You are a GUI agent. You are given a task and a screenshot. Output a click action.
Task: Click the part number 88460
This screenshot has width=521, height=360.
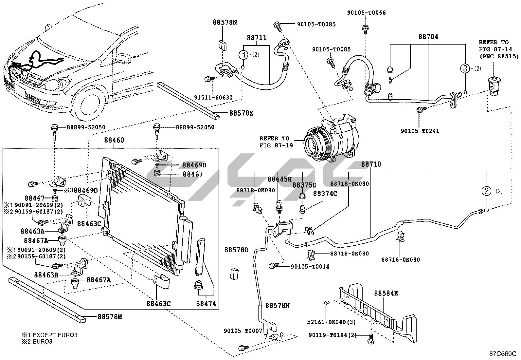(x=114, y=140)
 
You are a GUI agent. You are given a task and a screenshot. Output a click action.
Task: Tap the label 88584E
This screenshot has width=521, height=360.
(x=386, y=293)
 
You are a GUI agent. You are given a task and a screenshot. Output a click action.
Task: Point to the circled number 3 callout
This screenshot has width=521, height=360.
(x=465, y=69)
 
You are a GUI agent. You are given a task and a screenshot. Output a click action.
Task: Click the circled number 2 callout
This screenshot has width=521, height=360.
(x=486, y=191)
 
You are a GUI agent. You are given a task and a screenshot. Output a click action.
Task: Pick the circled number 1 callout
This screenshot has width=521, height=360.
(x=243, y=55)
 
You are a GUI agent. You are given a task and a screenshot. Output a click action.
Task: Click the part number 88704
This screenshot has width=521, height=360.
(x=428, y=37)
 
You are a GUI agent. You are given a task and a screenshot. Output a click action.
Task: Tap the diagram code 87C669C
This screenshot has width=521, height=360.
(x=503, y=354)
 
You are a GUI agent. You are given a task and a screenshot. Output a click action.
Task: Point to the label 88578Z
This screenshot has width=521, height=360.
(x=241, y=113)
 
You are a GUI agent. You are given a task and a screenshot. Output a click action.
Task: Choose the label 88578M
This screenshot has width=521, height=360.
(x=110, y=317)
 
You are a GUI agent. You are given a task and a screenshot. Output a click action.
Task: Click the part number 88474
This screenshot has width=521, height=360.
(x=206, y=304)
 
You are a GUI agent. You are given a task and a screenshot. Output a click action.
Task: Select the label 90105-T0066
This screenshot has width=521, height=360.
(x=367, y=13)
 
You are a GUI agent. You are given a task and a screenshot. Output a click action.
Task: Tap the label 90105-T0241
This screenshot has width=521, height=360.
(x=420, y=131)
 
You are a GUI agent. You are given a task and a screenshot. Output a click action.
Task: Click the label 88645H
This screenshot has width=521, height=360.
(x=279, y=179)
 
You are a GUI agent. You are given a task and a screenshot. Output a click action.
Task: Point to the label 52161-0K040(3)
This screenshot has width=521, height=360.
(x=332, y=322)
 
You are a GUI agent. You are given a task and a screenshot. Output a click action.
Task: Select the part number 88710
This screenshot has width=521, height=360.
(x=371, y=164)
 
